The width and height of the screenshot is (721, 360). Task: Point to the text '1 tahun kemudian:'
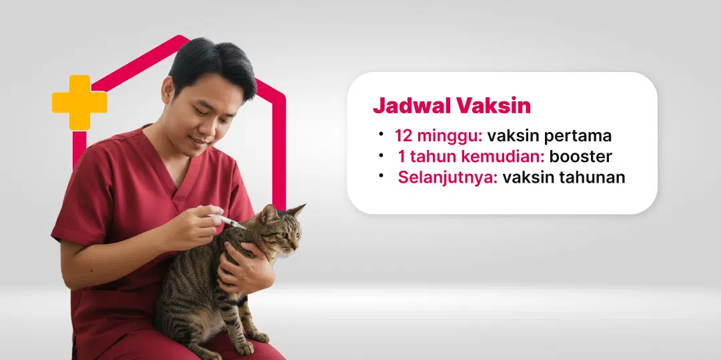471,157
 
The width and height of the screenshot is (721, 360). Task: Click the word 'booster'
580,157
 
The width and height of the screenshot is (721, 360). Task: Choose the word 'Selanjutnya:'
448,178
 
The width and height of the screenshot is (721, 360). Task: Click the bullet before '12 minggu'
381,134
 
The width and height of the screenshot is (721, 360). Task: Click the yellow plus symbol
79,102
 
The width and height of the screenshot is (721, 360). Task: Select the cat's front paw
256,337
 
